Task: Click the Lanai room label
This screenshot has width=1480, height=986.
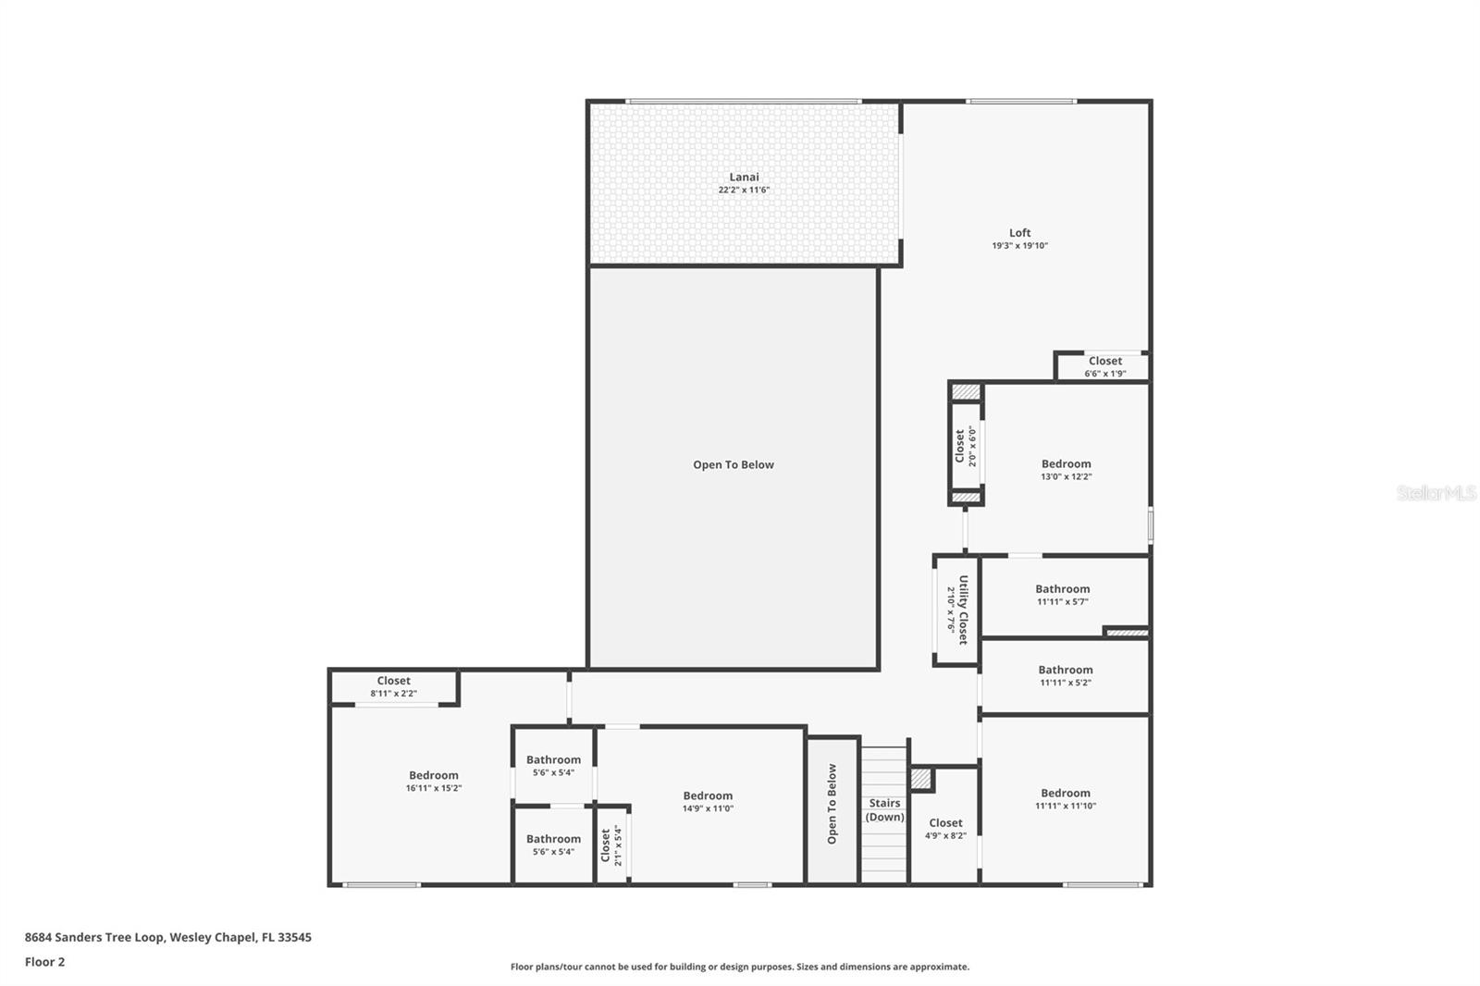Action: click(744, 177)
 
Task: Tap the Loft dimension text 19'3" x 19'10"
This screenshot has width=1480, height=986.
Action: click(1019, 246)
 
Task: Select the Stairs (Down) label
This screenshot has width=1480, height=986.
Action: click(884, 810)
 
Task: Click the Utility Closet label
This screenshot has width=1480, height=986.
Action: click(962, 610)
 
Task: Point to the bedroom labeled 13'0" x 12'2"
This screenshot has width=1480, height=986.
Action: click(1066, 470)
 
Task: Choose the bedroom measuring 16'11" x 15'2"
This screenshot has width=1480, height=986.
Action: click(433, 782)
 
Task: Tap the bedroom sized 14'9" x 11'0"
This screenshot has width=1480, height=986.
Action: click(708, 801)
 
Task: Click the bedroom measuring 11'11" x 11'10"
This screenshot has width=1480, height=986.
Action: click(1065, 799)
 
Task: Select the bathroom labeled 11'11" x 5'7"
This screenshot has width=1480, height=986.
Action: click(1062, 595)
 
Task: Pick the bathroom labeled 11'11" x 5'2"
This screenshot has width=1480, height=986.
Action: click(1065, 675)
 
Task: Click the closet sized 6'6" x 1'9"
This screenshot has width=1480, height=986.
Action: click(1104, 367)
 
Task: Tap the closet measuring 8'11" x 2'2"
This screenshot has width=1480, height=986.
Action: click(393, 686)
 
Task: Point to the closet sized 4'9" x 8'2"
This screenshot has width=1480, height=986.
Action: click(945, 828)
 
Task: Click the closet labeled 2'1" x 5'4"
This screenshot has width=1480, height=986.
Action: click(610, 844)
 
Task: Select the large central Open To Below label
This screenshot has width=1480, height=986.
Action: click(734, 465)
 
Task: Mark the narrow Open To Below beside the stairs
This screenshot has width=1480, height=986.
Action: click(832, 804)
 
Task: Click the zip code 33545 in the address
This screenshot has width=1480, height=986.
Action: click(296, 937)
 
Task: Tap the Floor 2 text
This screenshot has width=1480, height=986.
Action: click(44, 962)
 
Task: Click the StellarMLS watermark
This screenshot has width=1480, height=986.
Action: click(1436, 494)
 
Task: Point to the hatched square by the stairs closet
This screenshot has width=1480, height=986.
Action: click(920, 780)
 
